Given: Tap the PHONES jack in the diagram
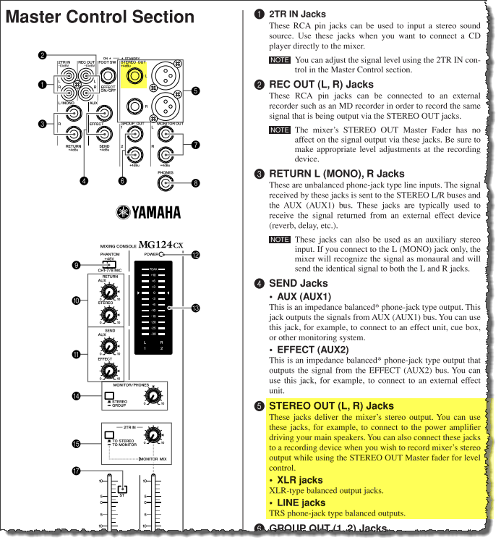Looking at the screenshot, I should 166,184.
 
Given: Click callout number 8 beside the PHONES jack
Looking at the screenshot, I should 195,184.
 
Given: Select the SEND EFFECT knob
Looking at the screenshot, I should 108,370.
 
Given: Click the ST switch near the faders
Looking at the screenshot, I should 123,488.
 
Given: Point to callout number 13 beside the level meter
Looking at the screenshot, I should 195,308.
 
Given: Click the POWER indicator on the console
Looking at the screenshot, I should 163,255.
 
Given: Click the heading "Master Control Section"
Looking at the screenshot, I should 100,17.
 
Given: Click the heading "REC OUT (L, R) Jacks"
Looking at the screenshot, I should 321,85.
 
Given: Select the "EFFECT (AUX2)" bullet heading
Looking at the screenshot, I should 312,350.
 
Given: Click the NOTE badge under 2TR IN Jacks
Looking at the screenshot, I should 279,60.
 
